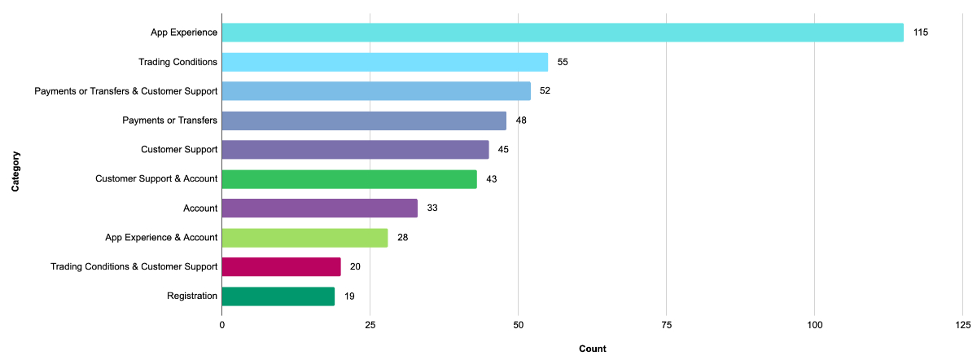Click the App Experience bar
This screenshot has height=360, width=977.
pos(562,33)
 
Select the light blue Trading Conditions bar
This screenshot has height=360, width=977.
pos(384,62)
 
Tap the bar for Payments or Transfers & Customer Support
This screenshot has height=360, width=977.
pos(375,91)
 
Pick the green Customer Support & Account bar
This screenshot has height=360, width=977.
pos(348,179)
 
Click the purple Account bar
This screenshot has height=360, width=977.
pos(319,209)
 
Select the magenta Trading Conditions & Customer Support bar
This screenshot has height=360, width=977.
pos(281,267)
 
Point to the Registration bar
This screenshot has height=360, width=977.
pos(278,296)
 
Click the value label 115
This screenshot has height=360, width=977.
pos(921,33)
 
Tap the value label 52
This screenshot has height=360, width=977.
pos(545,91)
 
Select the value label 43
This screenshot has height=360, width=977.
pos(491,179)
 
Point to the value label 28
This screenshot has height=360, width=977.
pos(402,238)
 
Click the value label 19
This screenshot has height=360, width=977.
pos(348,296)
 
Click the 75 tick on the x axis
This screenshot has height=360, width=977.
pos(666,325)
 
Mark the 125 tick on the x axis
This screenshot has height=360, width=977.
pos(962,325)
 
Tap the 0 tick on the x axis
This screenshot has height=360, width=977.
pos(221,325)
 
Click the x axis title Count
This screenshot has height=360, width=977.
pos(592,349)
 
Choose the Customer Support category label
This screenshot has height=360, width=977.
pos(179,150)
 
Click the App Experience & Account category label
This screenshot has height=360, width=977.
pos(161,238)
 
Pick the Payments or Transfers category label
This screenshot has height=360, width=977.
pos(169,121)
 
